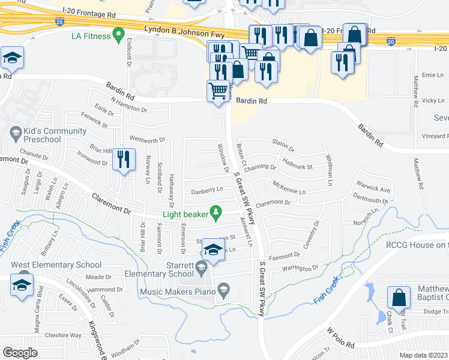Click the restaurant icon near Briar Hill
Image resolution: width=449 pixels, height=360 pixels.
tap(124, 160)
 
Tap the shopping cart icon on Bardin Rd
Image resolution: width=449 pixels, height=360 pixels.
tap(218, 91)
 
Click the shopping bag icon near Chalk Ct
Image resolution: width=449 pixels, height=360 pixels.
tap(399, 298)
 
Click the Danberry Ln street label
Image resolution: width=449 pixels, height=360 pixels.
tap(207, 190)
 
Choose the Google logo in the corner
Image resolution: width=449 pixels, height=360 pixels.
tap(20, 353)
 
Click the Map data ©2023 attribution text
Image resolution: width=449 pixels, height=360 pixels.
tap(424, 355)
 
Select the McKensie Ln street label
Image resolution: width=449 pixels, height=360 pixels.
tap(289, 188)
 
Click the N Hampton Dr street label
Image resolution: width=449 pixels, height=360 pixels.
tap(129, 110)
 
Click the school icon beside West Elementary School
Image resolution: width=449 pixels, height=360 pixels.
tap(22, 286)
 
